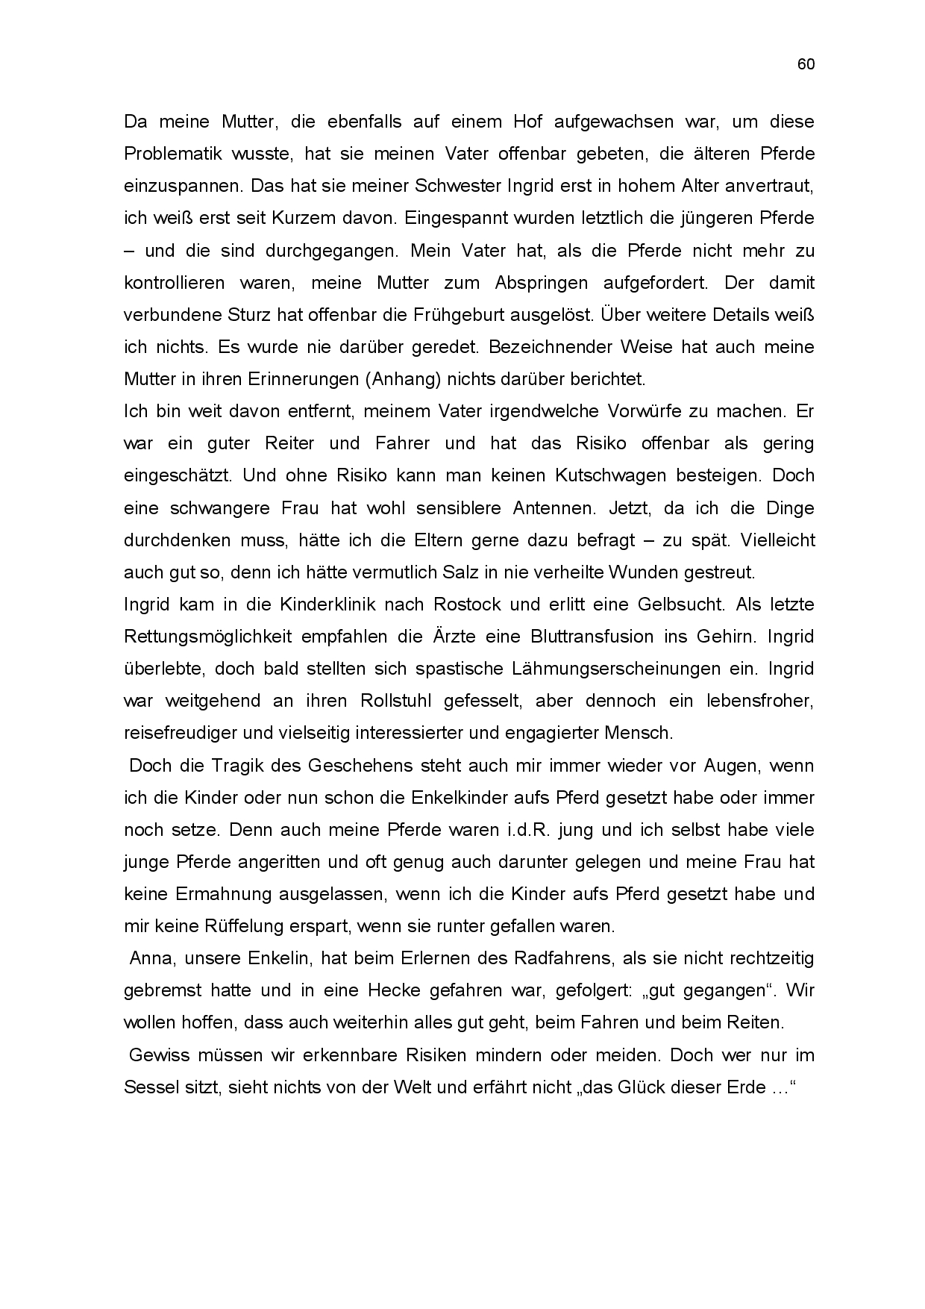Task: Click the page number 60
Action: click(806, 64)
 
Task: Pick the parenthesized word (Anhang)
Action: click(402, 379)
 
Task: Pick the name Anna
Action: click(150, 958)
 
